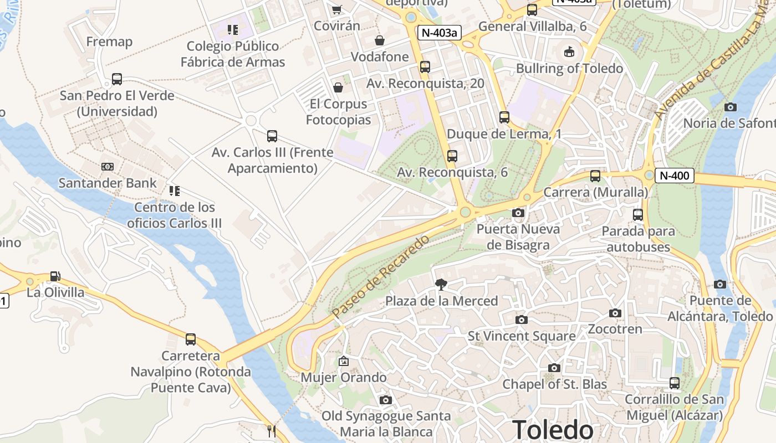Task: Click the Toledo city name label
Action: point(552,430)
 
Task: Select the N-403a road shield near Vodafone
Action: point(439,33)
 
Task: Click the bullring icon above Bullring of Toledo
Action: point(569,52)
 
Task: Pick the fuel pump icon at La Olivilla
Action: point(55,276)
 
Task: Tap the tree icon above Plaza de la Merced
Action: point(441,285)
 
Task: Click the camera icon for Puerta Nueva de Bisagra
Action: point(518,213)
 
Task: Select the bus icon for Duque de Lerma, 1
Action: point(504,117)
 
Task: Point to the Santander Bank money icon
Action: point(108,167)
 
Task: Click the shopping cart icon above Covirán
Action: point(336,9)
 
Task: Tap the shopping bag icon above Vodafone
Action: point(380,40)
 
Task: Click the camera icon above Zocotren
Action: point(615,313)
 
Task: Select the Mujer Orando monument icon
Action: point(344,361)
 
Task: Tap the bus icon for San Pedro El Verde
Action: point(116,79)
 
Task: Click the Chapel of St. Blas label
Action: point(554,384)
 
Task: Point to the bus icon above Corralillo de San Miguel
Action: point(674,383)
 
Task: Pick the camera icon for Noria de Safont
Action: point(731,107)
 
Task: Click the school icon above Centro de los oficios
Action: point(175,191)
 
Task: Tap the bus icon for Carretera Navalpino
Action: point(191,339)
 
